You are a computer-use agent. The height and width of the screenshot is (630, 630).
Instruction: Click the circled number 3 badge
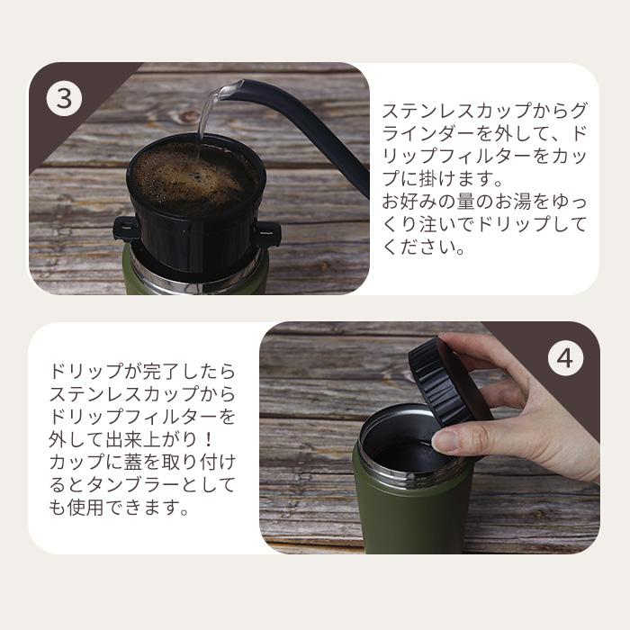point(64,98)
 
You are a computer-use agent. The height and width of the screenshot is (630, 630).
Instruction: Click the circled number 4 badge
point(564,359)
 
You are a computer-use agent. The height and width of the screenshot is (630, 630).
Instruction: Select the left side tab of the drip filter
point(126,229)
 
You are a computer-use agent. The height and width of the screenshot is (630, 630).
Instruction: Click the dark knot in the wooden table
point(188,116)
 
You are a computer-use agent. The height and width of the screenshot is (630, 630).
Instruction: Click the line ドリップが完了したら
point(141,372)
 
